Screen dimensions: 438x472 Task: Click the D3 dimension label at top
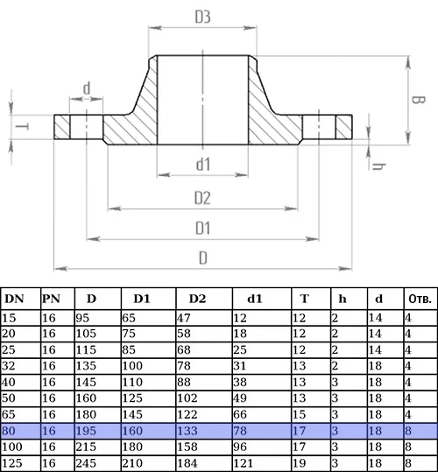point(202,17)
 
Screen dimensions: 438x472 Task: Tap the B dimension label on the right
point(418,100)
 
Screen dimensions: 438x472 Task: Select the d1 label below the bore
point(203,165)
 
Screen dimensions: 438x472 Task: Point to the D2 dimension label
point(202,198)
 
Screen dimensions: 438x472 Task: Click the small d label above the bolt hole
point(87,88)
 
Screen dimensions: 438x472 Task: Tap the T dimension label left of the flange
point(22,126)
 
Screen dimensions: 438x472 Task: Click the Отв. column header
point(420,299)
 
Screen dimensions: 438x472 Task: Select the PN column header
point(51,299)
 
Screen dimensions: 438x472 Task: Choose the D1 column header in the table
point(142,299)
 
